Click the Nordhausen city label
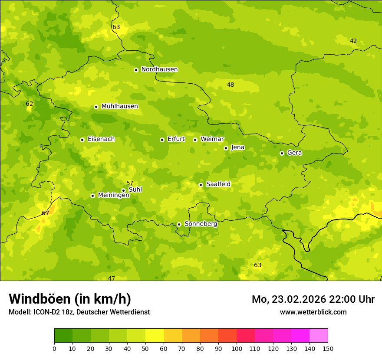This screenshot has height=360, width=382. (159, 69)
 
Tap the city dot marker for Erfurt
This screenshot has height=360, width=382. (162, 140)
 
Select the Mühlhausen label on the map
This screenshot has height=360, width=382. (119, 106)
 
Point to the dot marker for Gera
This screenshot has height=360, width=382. (282, 153)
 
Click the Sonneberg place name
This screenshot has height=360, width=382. (201, 224)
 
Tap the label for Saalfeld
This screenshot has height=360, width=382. (218, 184)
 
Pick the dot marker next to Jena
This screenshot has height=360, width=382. (226, 148)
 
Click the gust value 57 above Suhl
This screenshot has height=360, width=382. (130, 183)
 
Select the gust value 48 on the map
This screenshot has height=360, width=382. (231, 85)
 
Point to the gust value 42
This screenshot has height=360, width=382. (353, 41)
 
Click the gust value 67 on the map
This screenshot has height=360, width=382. (46, 213)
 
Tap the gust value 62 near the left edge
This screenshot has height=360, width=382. (30, 104)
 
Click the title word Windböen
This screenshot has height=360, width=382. (40, 299)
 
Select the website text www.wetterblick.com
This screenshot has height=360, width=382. (313, 312)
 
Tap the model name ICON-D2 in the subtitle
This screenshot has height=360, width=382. (49, 312)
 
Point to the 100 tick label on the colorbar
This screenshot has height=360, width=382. (237, 348)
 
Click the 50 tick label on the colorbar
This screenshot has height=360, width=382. (145, 348)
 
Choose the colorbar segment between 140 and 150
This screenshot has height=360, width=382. (319, 336)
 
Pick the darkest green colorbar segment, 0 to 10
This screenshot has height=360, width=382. (63, 336)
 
